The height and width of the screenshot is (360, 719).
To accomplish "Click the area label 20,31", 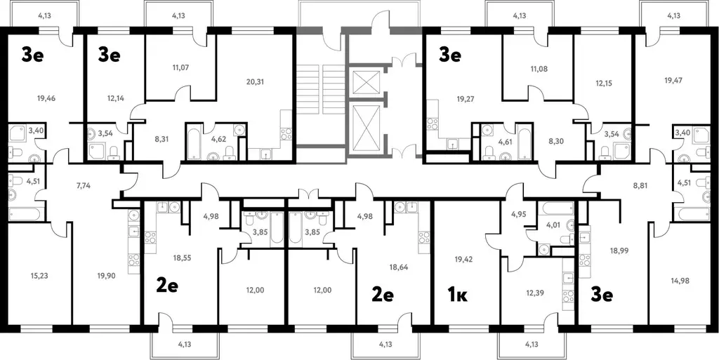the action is pos(255,82).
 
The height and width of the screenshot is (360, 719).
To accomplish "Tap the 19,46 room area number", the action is pos(46,98).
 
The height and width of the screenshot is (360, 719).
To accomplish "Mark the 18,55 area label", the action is pos(182,258).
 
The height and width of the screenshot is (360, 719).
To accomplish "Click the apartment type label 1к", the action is pos(457,295).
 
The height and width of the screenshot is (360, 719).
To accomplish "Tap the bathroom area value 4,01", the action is pos(553,225).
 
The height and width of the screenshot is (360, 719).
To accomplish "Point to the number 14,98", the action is pos(679,281).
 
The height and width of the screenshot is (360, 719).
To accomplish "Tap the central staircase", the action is pos(319,90).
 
